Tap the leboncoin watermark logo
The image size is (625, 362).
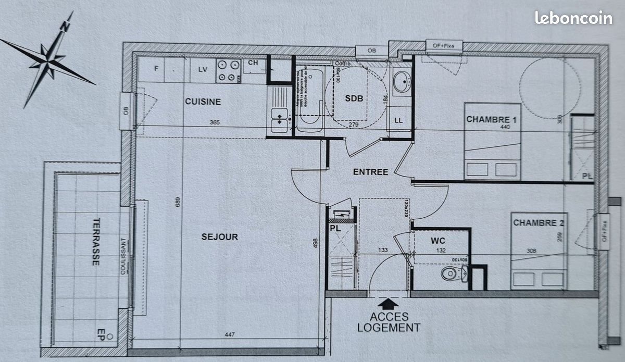pyautogui.click(x=573, y=18)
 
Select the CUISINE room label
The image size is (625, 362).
pyautogui.click(x=203, y=102)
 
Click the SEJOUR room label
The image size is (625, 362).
pyautogui.click(x=220, y=237)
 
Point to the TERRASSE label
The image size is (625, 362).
pyautogui.click(x=95, y=241)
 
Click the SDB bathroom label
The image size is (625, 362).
pyautogui.click(x=354, y=98)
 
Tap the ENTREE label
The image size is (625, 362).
pyautogui.click(x=370, y=172)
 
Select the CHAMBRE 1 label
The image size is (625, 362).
pyautogui.click(x=491, y=120)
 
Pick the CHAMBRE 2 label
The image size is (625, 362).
pyautogui.click(x=539, y=223)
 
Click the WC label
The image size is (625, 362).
pyautogui.click(x=438, y=241)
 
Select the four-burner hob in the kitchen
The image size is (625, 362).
pyautogui.click(x=228, y=71)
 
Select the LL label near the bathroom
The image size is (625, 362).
pyautogui.click(x=399, y=120)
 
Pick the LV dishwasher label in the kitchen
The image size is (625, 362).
pyautogui.click(x=203, y=69)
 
